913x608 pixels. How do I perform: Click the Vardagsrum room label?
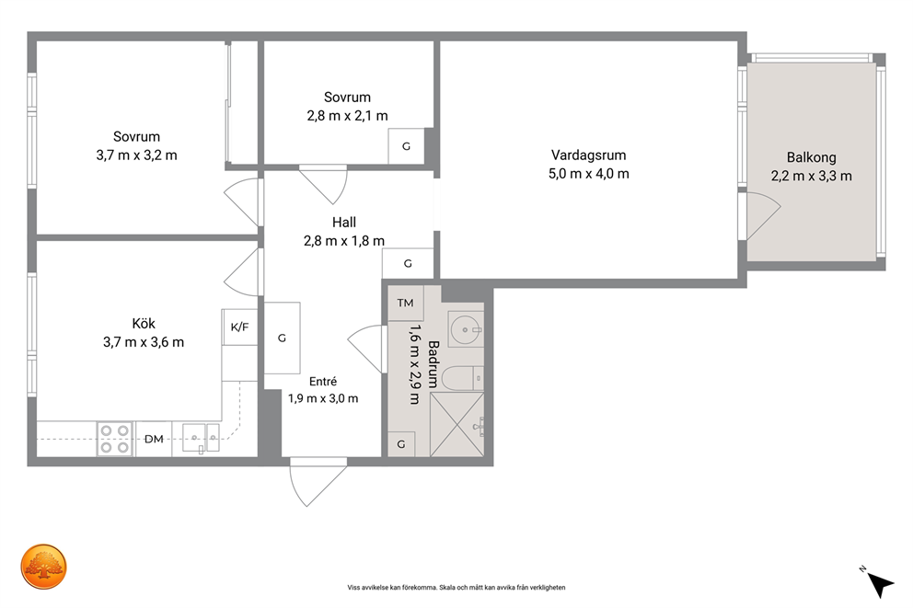tap(588, 155)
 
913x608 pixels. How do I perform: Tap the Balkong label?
tap(811, 157)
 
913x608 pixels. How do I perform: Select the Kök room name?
tap(144, 324)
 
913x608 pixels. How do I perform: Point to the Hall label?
tap(343, 222)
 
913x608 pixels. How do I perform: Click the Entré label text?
tap(322, 381)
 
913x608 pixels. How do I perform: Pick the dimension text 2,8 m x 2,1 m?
tap(347, 116)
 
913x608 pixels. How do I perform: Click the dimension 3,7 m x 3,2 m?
tap(136, 155)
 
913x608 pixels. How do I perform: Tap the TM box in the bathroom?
tap(405, 303)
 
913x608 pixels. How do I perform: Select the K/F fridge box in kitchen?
tap(239, 327)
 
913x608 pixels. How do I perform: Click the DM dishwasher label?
tap(154, 439)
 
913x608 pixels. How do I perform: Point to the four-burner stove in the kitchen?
tap(115, 439)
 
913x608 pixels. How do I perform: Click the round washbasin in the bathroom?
tap(466, 330)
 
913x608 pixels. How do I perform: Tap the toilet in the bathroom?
tap(462, 379)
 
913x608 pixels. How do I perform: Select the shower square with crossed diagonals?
tap(457, 424)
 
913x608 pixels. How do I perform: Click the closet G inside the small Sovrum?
tap(406, 146)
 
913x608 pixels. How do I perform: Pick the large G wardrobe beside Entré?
tap(283, 338)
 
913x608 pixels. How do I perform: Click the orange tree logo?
tap(43, 567)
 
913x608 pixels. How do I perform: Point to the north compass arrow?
tap(879, 583)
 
